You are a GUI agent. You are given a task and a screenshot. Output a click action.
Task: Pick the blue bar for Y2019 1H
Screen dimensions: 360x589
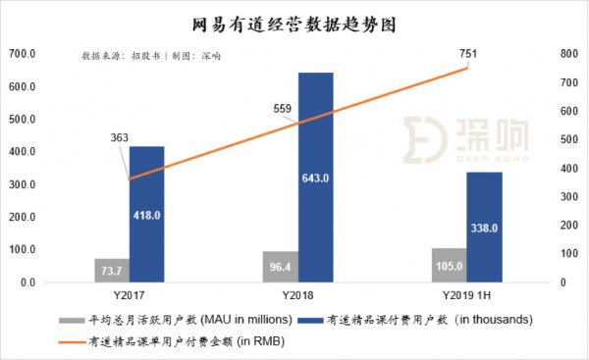pyautogui.click(x=484, y=227)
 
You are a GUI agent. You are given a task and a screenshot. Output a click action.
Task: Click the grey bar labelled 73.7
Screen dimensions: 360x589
pyautogui.click(x=112, y=271)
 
